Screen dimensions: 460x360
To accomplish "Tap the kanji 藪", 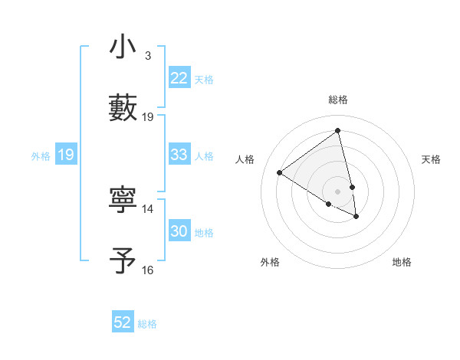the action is [123, 106].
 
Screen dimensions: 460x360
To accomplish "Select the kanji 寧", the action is [123, 200].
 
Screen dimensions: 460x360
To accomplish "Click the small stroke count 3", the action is [147, 56].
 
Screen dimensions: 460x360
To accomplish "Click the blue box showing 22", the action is [179, 78].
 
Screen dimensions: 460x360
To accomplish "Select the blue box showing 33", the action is [179, 155].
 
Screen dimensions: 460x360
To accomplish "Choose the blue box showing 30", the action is [179, 231].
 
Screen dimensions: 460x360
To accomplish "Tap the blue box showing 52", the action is [123, 322].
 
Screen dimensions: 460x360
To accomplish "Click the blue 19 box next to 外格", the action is [65, 155].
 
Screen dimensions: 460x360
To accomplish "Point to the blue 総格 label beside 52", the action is [147, 324].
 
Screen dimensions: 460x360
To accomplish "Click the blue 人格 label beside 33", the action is [204, 156].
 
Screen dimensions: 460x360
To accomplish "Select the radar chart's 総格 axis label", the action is [338, 100].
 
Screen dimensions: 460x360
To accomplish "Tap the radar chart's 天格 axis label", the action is [432, 159].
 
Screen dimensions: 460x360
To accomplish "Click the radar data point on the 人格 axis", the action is [279, 172].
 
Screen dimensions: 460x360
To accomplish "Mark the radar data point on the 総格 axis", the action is [338, 130].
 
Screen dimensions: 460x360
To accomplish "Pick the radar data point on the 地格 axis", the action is [356, 217].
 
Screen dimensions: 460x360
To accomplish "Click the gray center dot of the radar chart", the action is [338, 191].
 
